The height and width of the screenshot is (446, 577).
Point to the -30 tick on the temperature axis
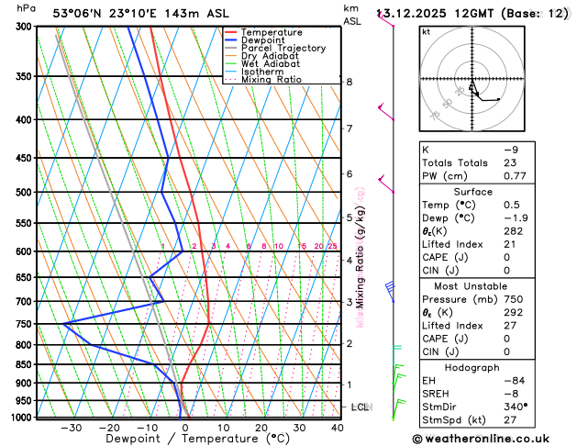(x=72, y=427)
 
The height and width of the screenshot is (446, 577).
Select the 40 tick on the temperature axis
(x=338, y=427)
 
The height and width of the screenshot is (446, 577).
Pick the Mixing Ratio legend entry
(x=271, y=80)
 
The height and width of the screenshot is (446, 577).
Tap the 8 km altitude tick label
(x=350, y=82)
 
